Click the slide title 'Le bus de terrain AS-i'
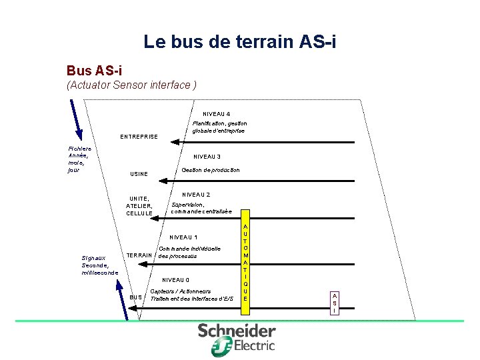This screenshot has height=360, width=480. click(x=240, y=43)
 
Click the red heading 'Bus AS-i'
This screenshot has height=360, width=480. click(x=94, y=70)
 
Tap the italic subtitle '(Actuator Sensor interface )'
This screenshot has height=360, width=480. click(x=131, y=85)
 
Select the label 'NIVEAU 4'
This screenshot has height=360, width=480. click(x=217, y=114)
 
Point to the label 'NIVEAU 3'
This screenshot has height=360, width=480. click(x=207, y=157)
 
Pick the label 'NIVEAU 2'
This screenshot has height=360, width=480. click(x=197, y=195)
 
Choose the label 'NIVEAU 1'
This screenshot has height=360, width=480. click(x=183, y=237)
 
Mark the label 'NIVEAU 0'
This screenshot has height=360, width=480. click(x=176, y=280)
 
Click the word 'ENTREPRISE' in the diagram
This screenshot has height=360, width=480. click(x=139, y=137)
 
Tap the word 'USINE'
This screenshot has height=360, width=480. click(x=138, y=175)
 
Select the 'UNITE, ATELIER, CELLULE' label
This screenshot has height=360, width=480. click(x=139, y=206)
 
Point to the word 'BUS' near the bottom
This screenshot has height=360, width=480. click(x=136, y=297)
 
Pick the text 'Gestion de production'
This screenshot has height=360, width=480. click(x=211, y=170)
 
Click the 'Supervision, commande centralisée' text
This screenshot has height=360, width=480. click(x=201, y=208)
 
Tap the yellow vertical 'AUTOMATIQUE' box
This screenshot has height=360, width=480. click(x=245, y=263)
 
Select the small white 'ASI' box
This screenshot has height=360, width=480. click(x=335, y=303)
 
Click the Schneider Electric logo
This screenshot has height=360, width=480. click(x=237, y=337)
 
